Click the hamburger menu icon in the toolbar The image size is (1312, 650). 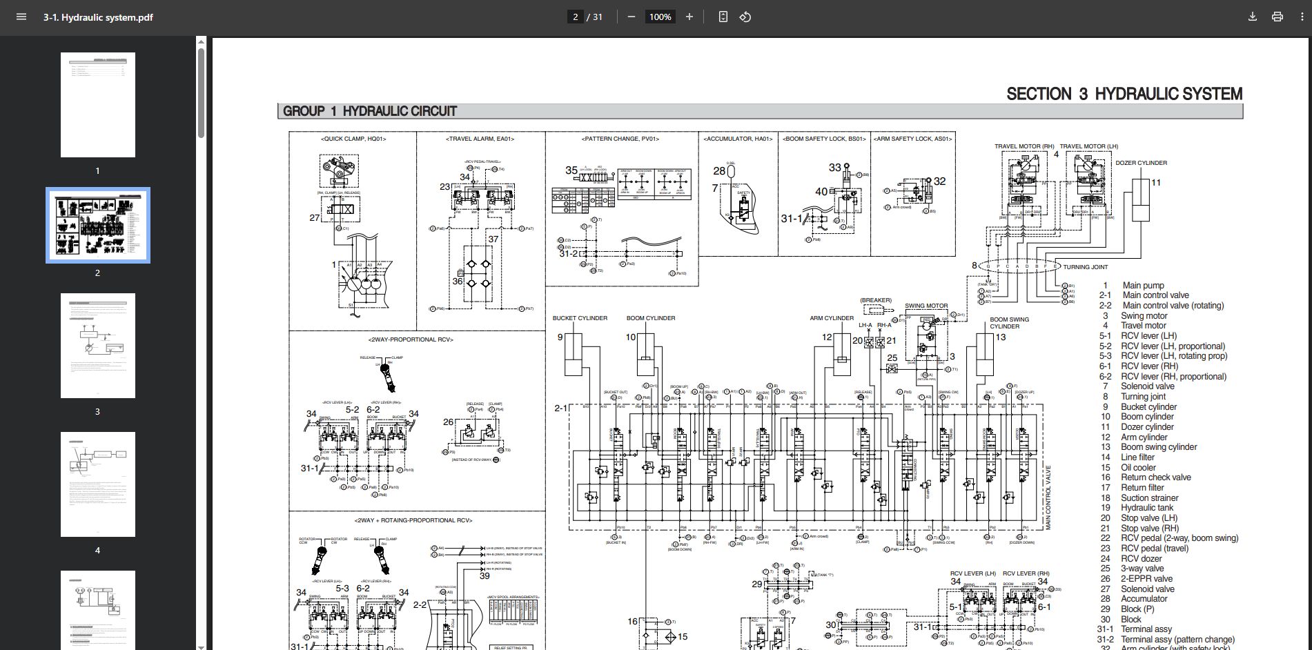click(x=21, y=17)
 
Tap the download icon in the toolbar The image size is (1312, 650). click(x=1252, y=17)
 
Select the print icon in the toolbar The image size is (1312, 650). click(x=1277, y=17)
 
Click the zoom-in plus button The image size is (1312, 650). click(x=689, y=17)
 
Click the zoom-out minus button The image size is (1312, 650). click(x=631, y=17)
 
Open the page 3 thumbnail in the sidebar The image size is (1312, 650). click(x=98, y=346)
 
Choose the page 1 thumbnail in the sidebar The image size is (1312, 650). click(x=98, y=105)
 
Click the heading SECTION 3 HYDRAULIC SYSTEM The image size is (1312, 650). click(x=1124, y=94)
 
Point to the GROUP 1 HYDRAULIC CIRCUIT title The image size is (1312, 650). click(x=370, y=111)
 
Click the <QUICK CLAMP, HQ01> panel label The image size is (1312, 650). click(x=353, y=139)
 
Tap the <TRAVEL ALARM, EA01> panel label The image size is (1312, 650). click(x=480, y=139)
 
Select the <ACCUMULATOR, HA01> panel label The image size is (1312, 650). click(x=738, y=139)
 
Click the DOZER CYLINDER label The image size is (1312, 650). click(x=1141, y=163)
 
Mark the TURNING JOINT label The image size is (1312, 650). click(x=1085, y=267)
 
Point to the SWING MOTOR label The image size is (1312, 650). click(x=926, y=306)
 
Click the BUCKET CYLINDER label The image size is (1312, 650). click(x=580, y=318)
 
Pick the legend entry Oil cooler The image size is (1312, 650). click(x=1138, y=467)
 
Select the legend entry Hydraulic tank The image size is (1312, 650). click(x=1146, y=508)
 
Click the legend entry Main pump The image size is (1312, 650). click(x=1143, y=285)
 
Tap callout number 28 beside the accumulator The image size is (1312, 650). click(x=719, y=170)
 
